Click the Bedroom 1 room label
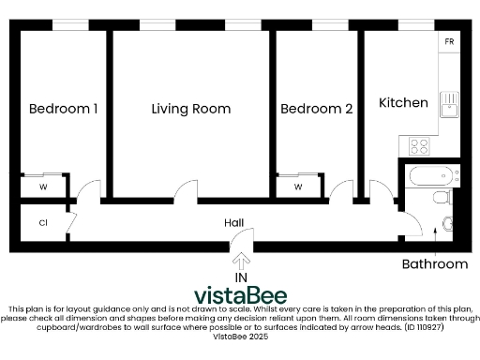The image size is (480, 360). click(x=63, y=109)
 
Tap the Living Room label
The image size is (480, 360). click(x=191, y=109)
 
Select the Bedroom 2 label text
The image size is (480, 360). click(x=317, y=109)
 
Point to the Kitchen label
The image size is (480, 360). click(x=403, y=102)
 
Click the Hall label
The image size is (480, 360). click(x=234, y=222)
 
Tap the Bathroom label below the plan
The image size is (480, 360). click(x=434, y=264)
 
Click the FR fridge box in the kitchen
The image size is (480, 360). click(x=449, y=43)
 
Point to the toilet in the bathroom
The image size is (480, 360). click(x=442, y=196)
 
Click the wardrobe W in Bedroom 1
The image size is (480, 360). click(x=43, y=187)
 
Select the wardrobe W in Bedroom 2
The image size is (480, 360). click(x=298, y=187)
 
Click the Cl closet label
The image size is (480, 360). click(x=43, y=223)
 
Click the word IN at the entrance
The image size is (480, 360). click(x=241, y=277)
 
